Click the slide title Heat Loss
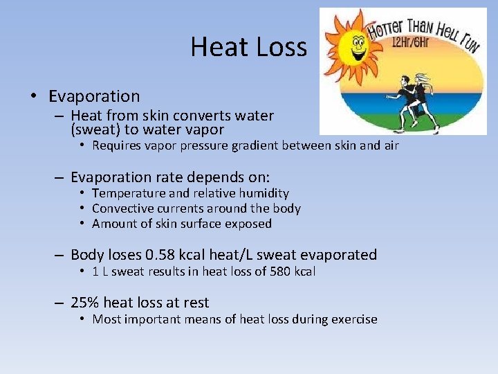point(248,47)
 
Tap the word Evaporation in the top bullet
point(94,96)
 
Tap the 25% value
point(86,303)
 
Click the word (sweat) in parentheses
point(95,130)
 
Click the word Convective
point(122,208)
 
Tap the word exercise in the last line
point(355,319)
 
